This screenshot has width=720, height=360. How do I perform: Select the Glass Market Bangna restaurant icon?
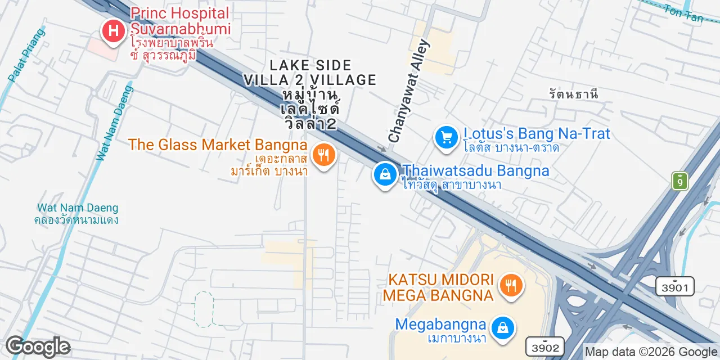323,154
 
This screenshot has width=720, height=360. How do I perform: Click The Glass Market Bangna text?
218,145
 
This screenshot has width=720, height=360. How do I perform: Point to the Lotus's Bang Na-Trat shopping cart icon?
447,137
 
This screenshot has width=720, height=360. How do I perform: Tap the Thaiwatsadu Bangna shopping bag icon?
385,174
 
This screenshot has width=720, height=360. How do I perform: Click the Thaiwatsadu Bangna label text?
476,170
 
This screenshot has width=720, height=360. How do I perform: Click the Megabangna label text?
440,325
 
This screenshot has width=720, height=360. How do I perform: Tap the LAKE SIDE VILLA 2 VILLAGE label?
309,73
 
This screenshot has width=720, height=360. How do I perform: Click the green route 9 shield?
680,181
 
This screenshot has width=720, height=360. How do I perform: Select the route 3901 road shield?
674,286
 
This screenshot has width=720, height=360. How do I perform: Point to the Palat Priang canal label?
28,55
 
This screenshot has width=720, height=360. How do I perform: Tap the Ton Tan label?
683,13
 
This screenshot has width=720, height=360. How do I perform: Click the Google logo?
38,347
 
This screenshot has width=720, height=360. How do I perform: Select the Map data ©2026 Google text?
651,352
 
